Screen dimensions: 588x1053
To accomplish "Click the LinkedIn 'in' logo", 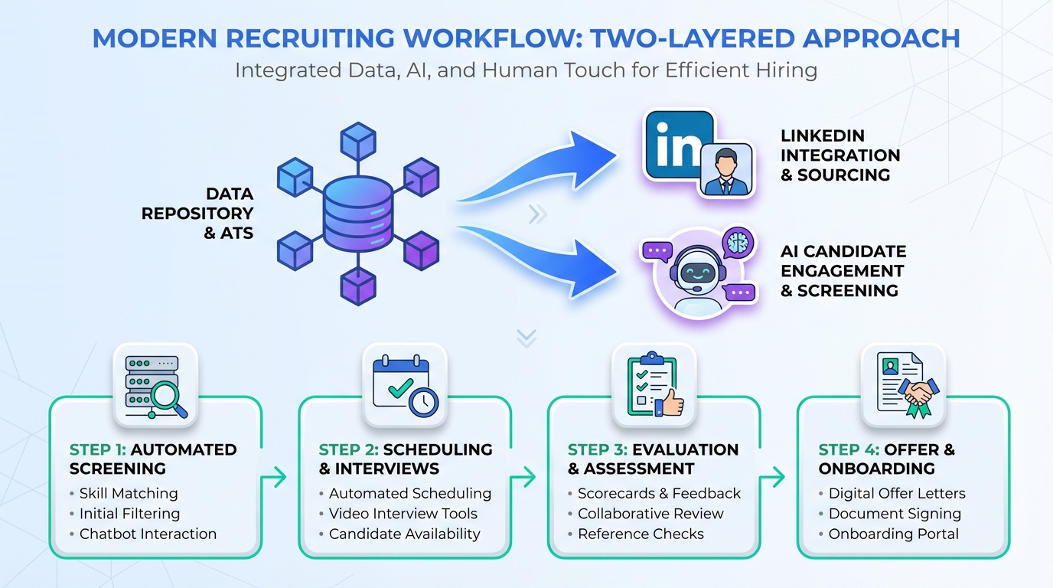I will [x=677, y=145].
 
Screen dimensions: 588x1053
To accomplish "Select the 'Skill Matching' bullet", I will [x=128, y=494].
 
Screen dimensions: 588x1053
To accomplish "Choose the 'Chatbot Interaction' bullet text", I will [x=148, y=534].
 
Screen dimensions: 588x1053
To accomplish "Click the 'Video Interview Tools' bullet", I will [x=403, y=514].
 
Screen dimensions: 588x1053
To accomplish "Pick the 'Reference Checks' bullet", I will [x=641, y=534].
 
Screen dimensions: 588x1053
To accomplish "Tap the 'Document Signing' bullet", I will [x=895, y=514].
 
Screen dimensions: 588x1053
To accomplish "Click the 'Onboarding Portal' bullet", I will [x=893, y=534].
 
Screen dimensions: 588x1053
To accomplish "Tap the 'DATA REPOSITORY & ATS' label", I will [x=197, y=214].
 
